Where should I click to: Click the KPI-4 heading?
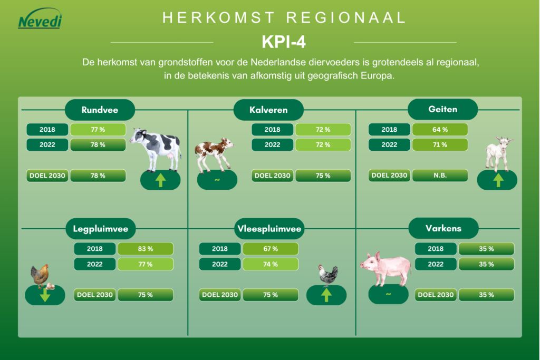pos(284,42)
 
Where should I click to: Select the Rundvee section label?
pos(100,110)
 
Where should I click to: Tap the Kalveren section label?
pos(268,110)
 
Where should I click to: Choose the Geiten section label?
pos(443,110)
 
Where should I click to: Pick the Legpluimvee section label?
pos(101,229)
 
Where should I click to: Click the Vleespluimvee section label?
pos(270,229)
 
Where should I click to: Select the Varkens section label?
pos(443,228)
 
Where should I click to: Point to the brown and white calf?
pos(214,153)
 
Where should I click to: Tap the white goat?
pos(498,152)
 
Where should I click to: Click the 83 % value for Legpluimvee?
pos(145,249)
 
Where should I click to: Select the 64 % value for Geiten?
pos(440,130)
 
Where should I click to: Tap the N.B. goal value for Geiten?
pos(440,176)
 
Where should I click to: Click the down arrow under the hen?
pos(45,296)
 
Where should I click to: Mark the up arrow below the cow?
pos(160,181)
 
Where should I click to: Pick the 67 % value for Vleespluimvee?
pos(270,249)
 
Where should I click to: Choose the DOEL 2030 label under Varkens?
pos(435,295)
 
